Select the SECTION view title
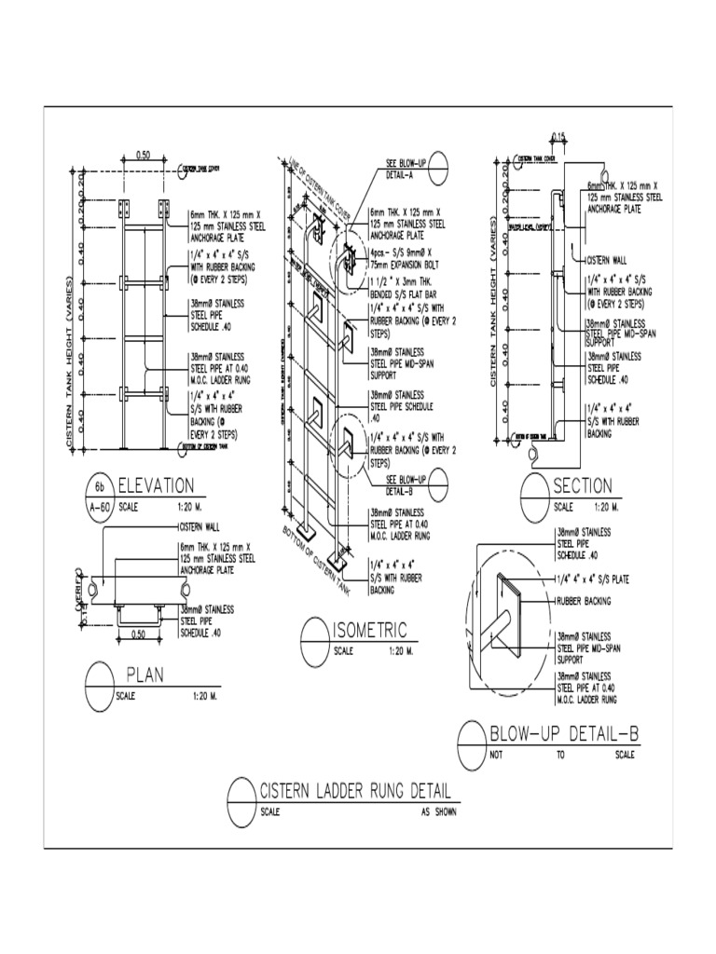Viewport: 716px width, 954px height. point(583,485)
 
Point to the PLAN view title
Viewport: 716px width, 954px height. point(145,674)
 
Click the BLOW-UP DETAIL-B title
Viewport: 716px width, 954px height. point(565,735)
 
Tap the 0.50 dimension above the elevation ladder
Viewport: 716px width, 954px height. point(144,156)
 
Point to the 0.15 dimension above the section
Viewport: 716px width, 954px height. point(558,138)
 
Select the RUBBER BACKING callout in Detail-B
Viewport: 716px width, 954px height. point(585,601)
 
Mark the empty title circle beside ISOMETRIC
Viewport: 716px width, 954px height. point(314,641)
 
